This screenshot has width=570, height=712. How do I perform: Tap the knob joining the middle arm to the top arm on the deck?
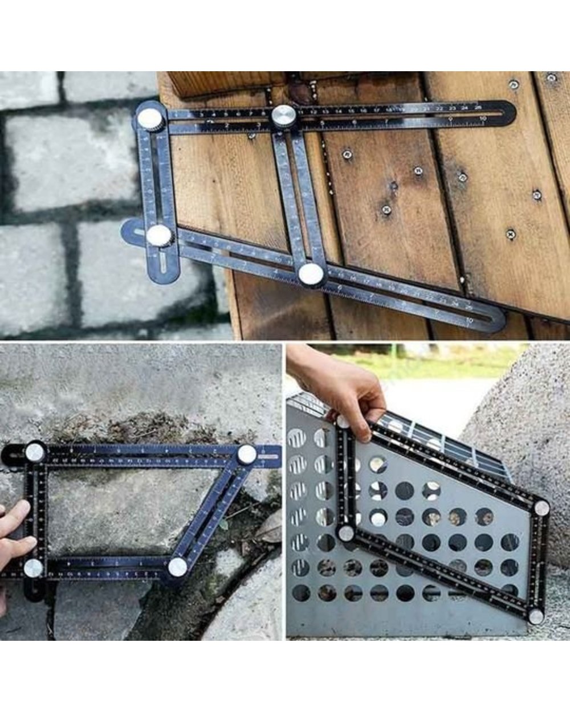(x=283, y=117)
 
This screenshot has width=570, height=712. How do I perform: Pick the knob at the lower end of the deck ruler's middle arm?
(x=311, y=274)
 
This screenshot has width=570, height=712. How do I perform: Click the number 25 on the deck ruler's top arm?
(x=478, y=107)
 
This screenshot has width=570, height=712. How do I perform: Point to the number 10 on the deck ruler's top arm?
(x=483, y=118)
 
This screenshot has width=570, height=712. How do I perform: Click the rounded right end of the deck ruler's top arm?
(x=508, y=112)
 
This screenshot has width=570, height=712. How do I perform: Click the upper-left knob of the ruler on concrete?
(x=35, y=453)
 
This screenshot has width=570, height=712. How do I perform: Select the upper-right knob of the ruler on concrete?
(x=247, y=454)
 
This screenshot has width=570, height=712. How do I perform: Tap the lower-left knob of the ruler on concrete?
(x=33, y=567)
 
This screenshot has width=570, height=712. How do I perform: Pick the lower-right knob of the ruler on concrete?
(x=177, y=567)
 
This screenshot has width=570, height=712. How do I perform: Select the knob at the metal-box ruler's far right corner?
(x=541, y=508)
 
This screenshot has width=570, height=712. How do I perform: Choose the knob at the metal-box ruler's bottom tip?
(x=535, y=616)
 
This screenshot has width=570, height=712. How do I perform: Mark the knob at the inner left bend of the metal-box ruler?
(x=346, y=534)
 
